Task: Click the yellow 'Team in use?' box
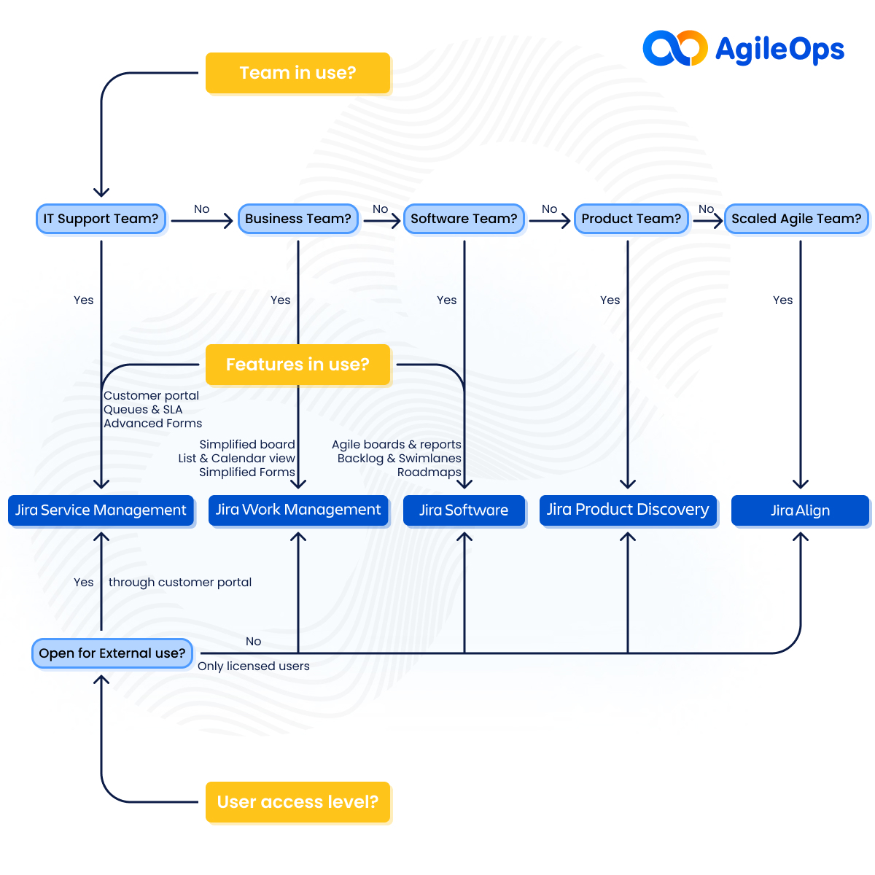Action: click(297, 73)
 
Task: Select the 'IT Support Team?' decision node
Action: click(101, 219)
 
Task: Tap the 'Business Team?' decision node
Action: click(298, 219)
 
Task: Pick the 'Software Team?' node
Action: click(464, 219)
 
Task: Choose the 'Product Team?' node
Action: click(631, 219)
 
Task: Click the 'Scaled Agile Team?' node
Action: click(796, 219)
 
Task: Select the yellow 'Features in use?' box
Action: click(297, 365)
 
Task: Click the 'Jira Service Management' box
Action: click(101, 510)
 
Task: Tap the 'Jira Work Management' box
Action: click(298, 510)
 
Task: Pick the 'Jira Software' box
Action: click(464, 510)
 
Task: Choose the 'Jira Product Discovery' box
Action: click(628, 510)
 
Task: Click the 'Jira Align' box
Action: click(800, 510)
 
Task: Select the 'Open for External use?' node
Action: click(112, 653)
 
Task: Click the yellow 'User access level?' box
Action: click(297, 802)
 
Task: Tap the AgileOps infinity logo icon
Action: click(674, 48)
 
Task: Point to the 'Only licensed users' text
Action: click(254, 666)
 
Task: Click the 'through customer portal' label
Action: click(180, 583)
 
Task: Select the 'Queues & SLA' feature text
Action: click(143, 410)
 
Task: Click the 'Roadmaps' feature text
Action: click(429, 472)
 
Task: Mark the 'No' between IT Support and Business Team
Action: click(201, 209)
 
